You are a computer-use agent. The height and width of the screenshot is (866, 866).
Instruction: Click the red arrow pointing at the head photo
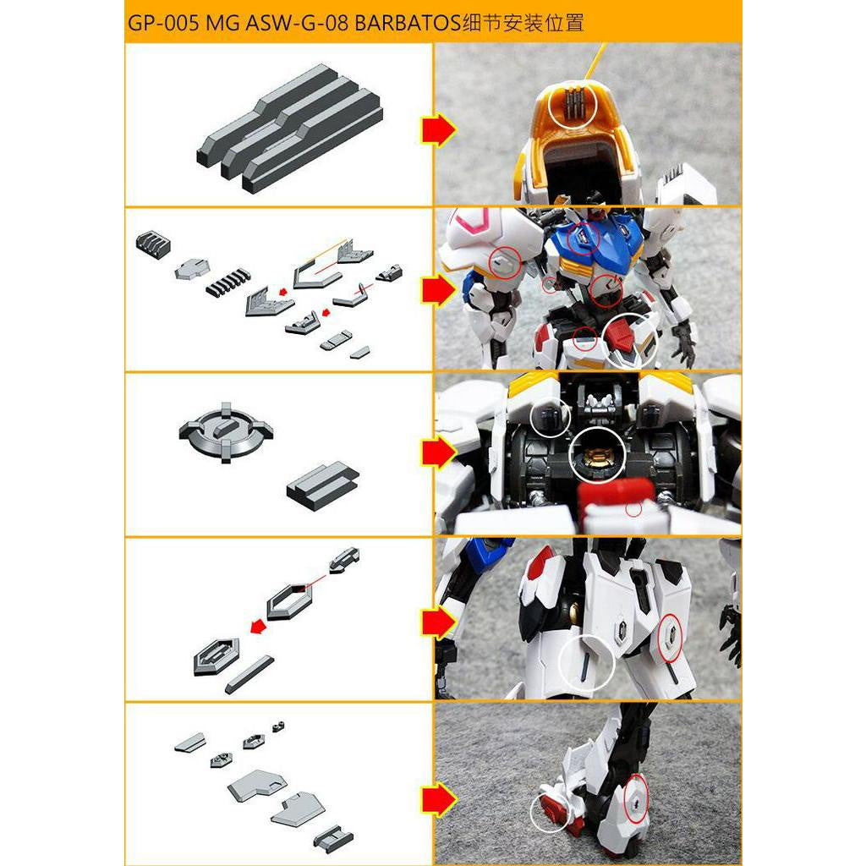click(x=439, y=131)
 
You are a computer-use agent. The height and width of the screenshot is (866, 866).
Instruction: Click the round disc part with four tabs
click(x=226, y=431)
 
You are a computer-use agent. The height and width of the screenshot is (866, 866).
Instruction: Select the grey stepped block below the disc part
click(x=322, y=485)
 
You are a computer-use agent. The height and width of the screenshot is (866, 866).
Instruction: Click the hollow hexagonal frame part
click(x=289, y=600)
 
